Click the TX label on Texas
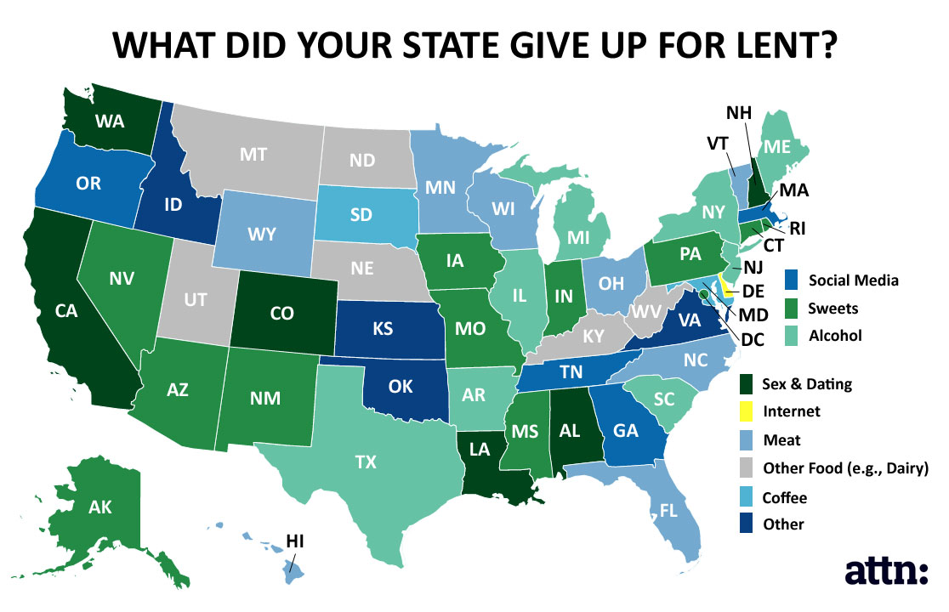coord(366,462)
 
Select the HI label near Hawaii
coord(295,540)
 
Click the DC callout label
coord(753,340)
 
